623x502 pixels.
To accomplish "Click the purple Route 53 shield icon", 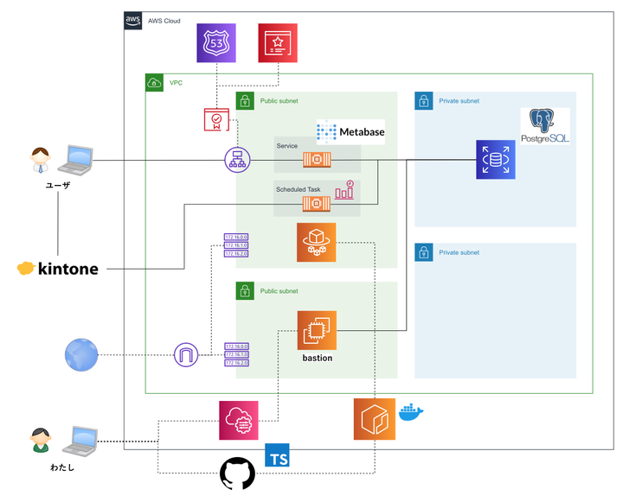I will [x=215, y=42].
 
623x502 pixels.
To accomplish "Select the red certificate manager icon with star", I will [x=278, y=42].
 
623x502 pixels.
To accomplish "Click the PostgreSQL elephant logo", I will [x=545, y=126].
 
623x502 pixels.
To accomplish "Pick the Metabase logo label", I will [x=350, y=132].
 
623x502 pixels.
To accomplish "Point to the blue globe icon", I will [x=81, y=354].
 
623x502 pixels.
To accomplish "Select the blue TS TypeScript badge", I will [x=278, y=454].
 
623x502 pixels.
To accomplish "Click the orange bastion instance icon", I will [x=317, y=330].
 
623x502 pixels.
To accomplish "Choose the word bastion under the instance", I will [x=317, y=358].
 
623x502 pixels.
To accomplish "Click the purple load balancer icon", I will [x=236, y=160].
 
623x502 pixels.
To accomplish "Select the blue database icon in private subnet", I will [x=496, y=160].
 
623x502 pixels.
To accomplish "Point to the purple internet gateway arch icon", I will [x=187, y=354].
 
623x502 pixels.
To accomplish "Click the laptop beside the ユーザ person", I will [x=80, y=158].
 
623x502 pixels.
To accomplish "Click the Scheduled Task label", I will [x=298, y=188].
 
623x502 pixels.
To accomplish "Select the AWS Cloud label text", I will [x=164, y=20].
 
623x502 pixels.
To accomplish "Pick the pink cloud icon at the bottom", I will [x=238, y=420].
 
